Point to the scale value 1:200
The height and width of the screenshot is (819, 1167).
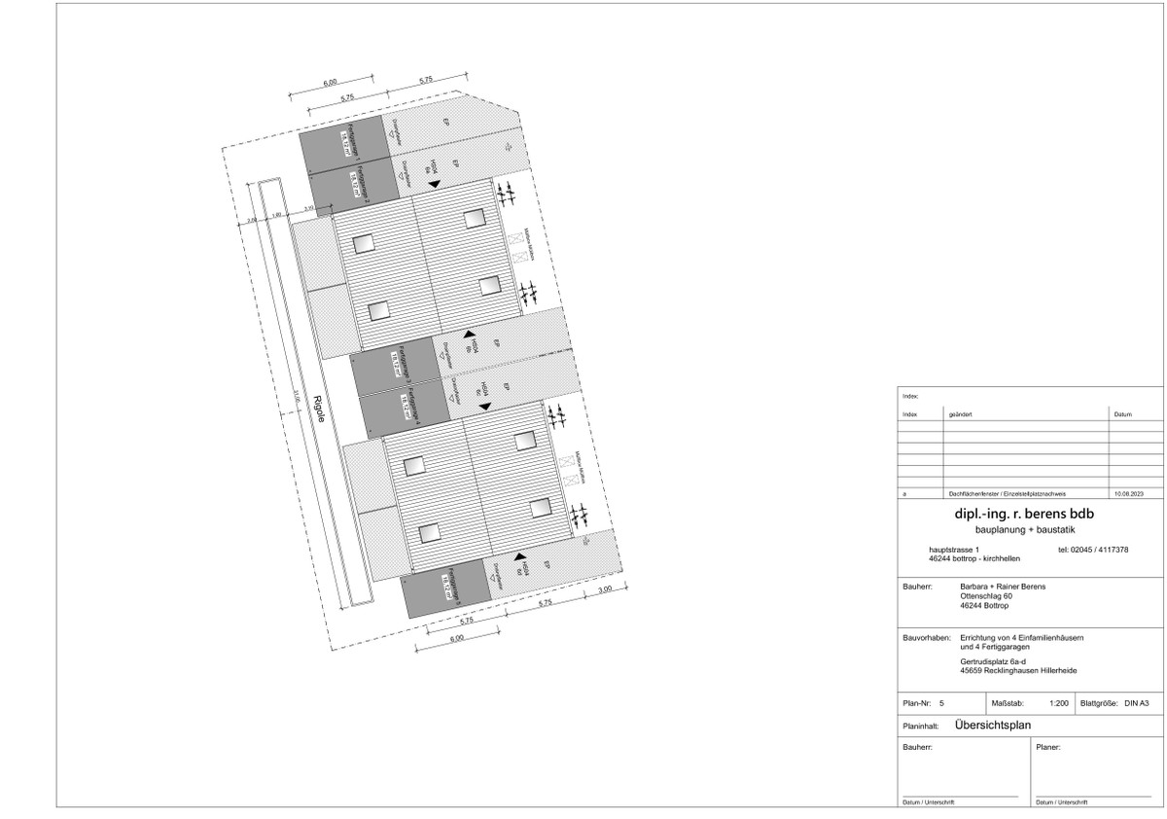(1060, 702)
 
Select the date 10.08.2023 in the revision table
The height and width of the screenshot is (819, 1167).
(1130, 495)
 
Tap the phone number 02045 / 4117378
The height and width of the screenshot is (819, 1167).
(1093, 551)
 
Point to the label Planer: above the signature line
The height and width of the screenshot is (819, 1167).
(1048, 748)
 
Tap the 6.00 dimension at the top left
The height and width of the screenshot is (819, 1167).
(331, 83)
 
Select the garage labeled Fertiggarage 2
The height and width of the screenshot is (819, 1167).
(350, 185)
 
